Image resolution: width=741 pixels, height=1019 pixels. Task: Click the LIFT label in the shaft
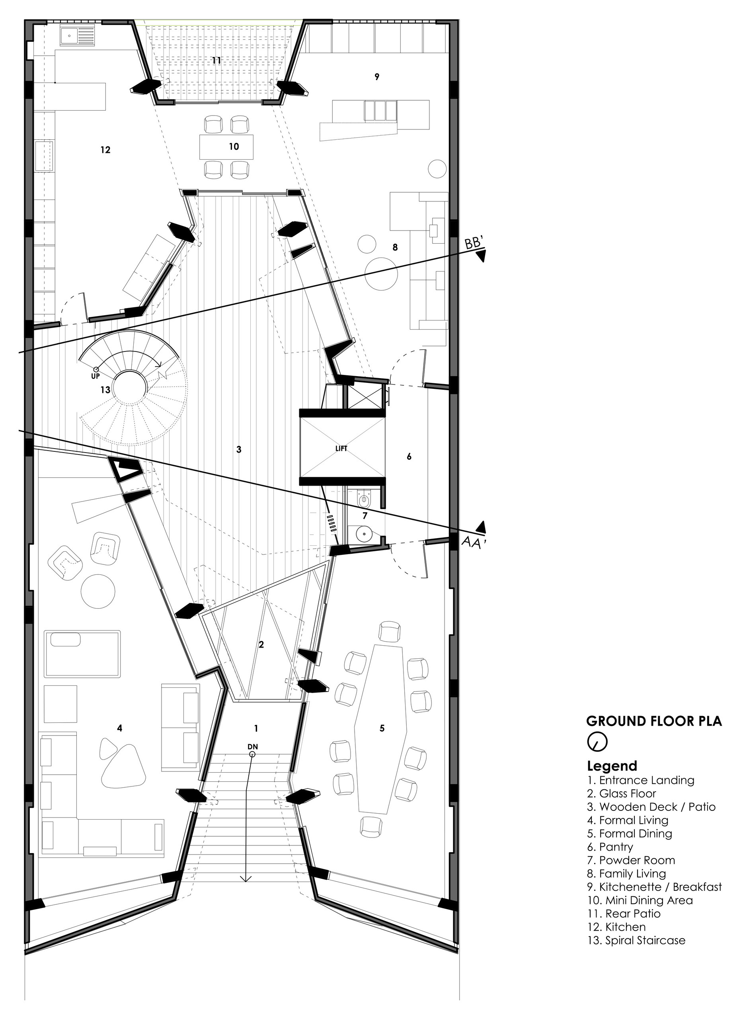click(341, 448)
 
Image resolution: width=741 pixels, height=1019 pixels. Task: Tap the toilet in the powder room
click(363, 499)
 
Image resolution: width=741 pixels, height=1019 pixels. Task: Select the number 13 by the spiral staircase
click(105, 390)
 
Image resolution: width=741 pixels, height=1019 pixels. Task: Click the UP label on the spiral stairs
click(95, 377)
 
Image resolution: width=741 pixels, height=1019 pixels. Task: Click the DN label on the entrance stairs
click(252, 746)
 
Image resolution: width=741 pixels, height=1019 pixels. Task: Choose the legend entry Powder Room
click(631, 861)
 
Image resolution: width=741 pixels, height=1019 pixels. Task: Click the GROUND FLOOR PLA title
click(654, 721)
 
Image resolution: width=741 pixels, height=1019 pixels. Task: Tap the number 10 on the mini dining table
click(234, 146)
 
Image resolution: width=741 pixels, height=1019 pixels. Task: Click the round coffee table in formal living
click(98, 591)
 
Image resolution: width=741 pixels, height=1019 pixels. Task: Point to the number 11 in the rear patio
click(217, 60)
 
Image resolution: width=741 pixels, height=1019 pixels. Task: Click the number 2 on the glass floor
click(261, 645)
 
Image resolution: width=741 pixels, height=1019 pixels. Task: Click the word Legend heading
click(612, 765)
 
